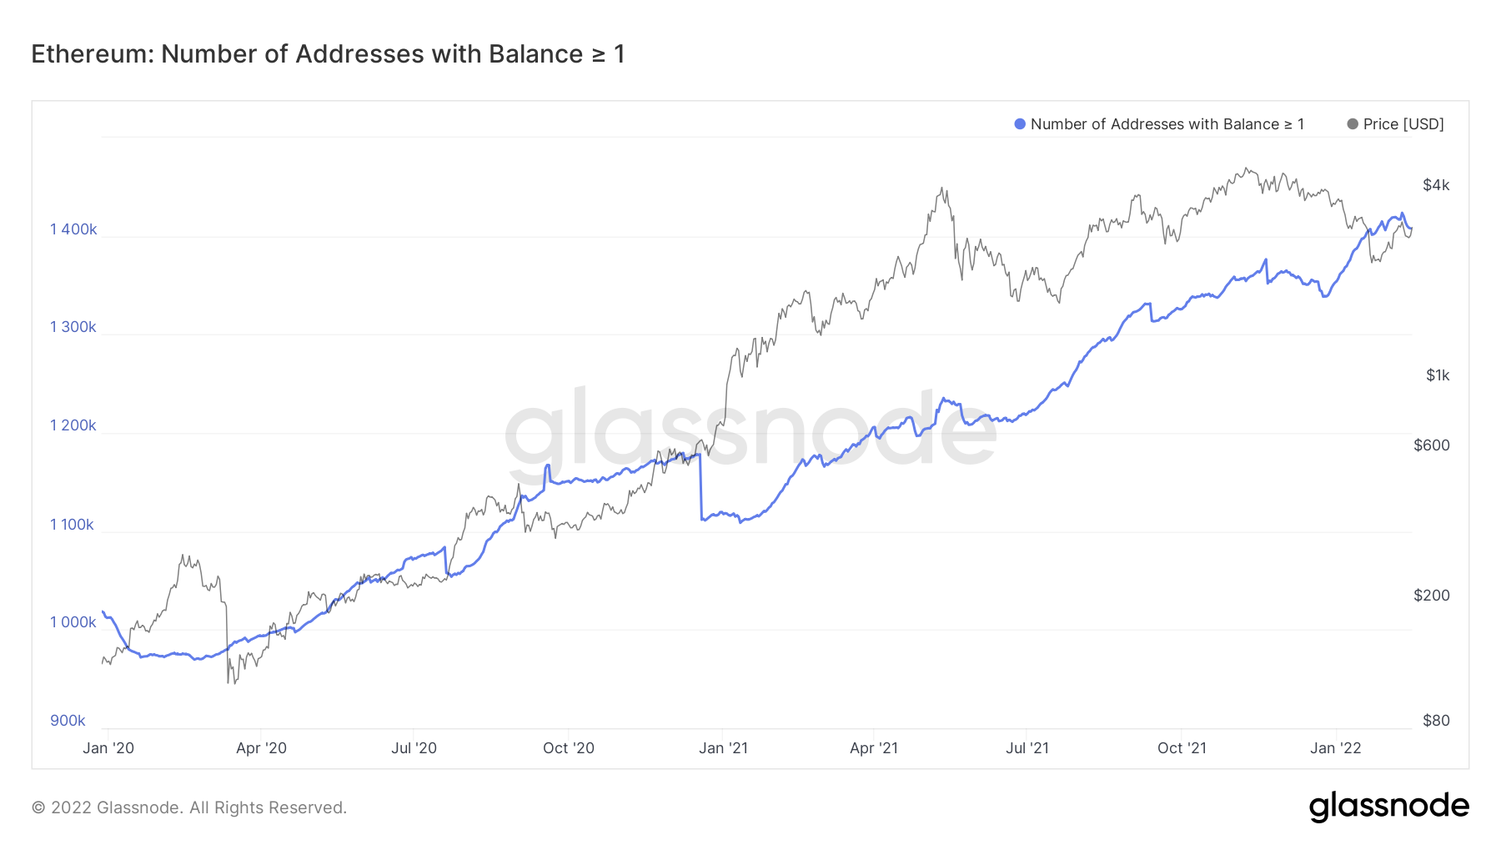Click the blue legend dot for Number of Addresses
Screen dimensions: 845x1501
pyautogui.click(x=1019, y=124)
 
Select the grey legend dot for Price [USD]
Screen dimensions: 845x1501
pyautogui.click(x=1352, y=124)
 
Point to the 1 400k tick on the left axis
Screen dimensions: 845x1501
pyautogui.click(x=73, y=229)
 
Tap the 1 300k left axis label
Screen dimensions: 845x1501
pyautogui.click(x=73, y=327)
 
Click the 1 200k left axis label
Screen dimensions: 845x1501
pyautogui.click(x=73, y=425)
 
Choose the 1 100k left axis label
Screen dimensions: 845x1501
pyautogui.click(x=73, y=525)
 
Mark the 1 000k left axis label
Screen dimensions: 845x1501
pyautogui.click(x=73, y=622)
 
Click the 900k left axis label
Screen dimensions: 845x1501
pyautogui.click(x=68, y=721)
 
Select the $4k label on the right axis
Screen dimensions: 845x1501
pyautogui.click(x=1436, y=185)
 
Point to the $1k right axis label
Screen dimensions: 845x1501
pyautogui.click(x=1438, y=375)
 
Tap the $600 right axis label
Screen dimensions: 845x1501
pyautogui.click(x=1432, y=445)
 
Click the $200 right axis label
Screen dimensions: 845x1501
pyautogui.click(x=1432, y=596)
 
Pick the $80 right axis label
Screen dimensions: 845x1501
pyautogui.click(x=1436, y=721)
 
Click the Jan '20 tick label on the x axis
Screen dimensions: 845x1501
pyautogui.click(x=108, y=748)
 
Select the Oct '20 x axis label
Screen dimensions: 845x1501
pyautogui.click(x=569, y=748)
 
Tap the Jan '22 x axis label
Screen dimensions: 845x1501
pyautogui.click(x=1336, y=748)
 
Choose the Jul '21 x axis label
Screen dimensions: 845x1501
pyautogui.click(x=1027, y=748)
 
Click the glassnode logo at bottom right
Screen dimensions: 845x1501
pyautogui.click(x=1388, y=807)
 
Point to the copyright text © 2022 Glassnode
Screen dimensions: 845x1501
pyautogui.click(x=189, y=807)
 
